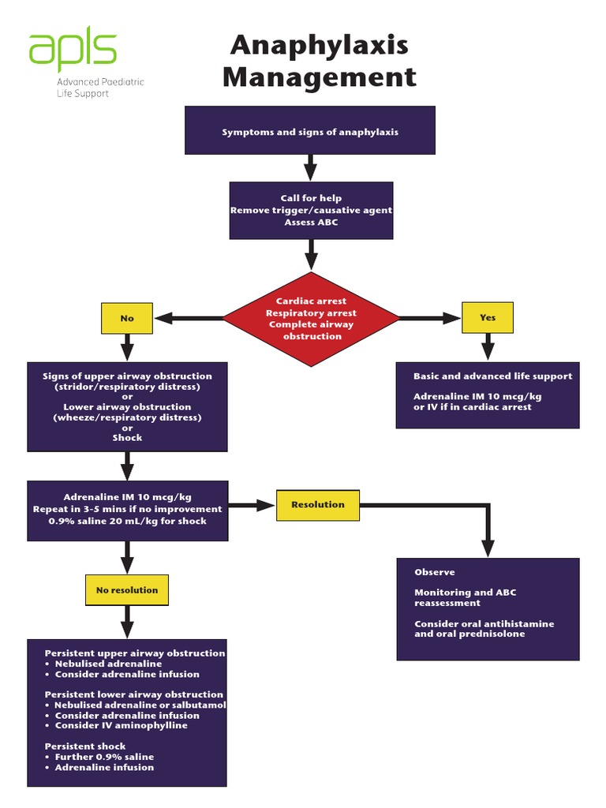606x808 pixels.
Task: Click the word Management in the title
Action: pos(319,77)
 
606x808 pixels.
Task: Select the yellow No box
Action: pos(127,318)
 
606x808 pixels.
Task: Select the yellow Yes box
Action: pos(488,317)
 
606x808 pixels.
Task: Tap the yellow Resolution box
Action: pos(318,505)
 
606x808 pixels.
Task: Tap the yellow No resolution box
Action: pos(127,590)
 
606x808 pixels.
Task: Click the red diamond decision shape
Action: pos(311,319)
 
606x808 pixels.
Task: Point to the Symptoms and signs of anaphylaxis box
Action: pos(310,131)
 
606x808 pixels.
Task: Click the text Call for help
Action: pos(311,198)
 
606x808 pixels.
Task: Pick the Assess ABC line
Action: pos(311,223)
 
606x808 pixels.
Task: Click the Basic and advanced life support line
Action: pos(492,376)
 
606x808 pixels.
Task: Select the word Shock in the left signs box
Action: pos(127,437)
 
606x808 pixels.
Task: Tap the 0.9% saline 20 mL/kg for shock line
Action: pos(127,521)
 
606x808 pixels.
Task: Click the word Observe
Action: pos(435,572)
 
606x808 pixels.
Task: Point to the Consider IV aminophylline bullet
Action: pos(121,725)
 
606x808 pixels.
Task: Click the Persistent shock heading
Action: pos(84,746)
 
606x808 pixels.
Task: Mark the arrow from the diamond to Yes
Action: pos(430,318)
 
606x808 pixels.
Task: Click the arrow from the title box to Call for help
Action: pos(310,167)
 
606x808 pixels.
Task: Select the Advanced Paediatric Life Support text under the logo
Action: pos(99,88)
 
